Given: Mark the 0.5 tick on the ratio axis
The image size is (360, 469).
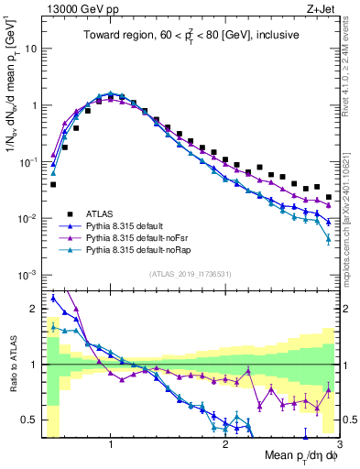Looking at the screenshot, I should [x=31, y=420].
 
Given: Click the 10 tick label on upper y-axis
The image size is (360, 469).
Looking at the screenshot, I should [x=29, y=48].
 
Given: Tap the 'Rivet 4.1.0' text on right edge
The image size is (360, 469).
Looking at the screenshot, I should [x=352, y=73].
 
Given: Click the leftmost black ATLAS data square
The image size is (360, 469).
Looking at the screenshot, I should [x=53, y=184].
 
